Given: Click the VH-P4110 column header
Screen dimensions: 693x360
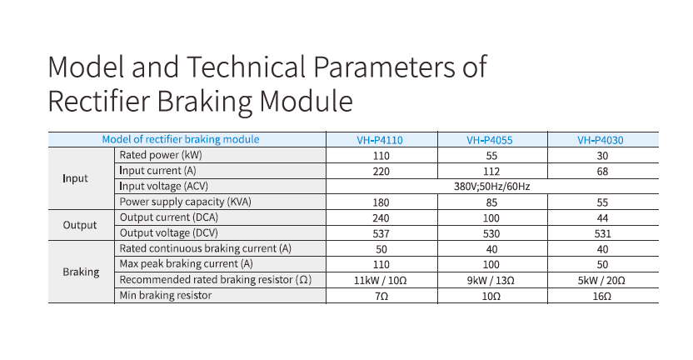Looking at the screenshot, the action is (380, 140).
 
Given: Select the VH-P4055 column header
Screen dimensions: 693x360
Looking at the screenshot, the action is (490, 140).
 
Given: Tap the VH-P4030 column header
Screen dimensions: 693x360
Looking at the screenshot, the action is (601, 140).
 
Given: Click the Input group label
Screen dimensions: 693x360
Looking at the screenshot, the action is (75, 178).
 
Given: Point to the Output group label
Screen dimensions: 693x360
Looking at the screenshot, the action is (80, 225).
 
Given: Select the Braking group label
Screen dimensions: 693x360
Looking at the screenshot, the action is (81, 272).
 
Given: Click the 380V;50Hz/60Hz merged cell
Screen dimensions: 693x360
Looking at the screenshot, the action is (492, 187).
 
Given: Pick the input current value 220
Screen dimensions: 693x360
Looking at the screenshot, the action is (381, 172).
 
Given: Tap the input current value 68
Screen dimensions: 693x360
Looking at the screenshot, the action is (602, 172).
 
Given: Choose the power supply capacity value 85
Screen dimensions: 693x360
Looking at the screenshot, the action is (491, 202).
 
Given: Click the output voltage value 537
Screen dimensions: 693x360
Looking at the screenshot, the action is (381, 233).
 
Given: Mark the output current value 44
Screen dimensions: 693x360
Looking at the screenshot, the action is (602, 218).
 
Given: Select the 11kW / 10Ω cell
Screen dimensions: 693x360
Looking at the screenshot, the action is (381, 280).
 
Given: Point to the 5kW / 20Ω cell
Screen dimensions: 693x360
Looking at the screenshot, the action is (601, 280).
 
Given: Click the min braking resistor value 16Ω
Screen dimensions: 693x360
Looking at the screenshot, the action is (602, 296).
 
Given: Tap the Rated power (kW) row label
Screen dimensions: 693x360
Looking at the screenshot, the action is (161, 155).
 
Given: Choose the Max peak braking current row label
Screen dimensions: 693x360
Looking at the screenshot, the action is (186, 263).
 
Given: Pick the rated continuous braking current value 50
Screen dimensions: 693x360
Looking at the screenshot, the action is (381, 249).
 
